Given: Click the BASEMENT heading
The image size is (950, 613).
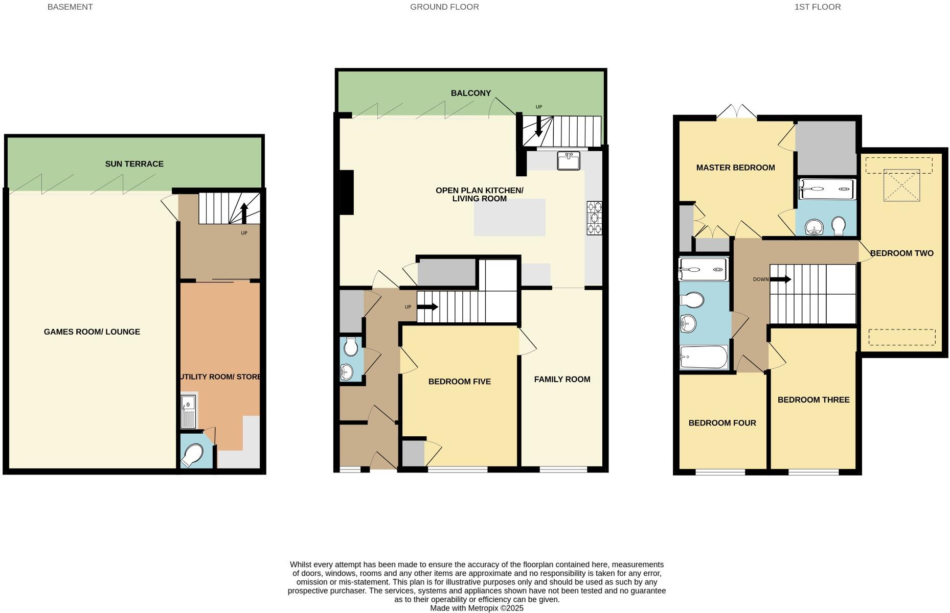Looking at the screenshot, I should pos(70,7).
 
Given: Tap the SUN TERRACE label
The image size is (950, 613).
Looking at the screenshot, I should pos(134,164).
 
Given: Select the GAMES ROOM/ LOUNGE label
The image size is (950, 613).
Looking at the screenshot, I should pos(92,332).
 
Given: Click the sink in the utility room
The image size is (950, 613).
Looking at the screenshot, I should pos(188,411).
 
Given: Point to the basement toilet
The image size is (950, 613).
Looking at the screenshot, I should pos(192,455).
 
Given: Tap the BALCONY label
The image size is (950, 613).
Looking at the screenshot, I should pos(470,93).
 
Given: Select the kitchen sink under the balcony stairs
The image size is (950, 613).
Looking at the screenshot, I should pos(568,161).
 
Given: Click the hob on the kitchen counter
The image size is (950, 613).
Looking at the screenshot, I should pos(594,218).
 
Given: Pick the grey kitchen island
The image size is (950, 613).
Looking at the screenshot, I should pos(509,218).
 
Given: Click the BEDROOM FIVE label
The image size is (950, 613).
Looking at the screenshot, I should pos(459,382).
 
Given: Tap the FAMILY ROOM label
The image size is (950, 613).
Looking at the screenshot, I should pos(562,379).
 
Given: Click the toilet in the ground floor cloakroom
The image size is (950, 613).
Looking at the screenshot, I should pos(351,347).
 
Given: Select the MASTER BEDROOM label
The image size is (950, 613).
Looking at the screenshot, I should pos(735,168).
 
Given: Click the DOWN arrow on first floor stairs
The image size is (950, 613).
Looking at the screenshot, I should pos(780,279).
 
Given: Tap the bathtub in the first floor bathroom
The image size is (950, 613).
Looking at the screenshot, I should pos(704,357).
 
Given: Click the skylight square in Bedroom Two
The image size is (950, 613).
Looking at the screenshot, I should pos(901,185).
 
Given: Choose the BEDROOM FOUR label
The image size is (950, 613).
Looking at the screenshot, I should pos(722,423).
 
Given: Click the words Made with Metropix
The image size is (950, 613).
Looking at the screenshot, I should pos(477,608).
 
